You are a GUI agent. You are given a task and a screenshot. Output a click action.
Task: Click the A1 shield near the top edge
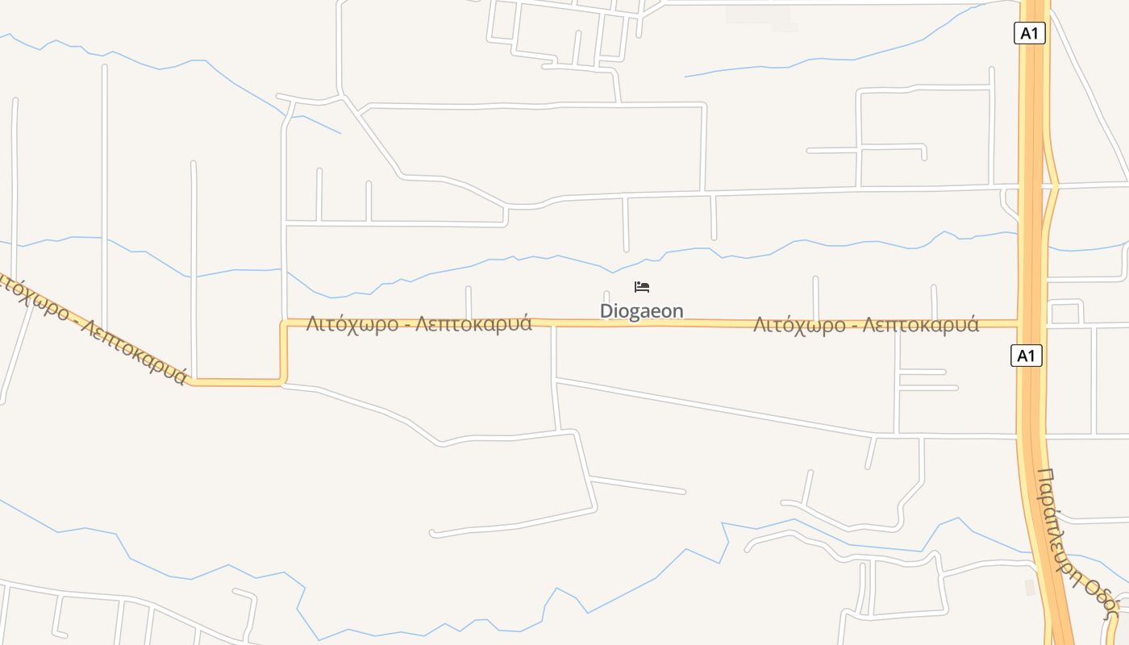1029,33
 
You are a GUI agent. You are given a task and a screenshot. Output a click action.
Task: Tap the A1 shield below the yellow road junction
1027,356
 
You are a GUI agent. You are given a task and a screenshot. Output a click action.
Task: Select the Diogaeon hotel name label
641,311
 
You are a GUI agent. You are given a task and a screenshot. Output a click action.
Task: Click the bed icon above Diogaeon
642,287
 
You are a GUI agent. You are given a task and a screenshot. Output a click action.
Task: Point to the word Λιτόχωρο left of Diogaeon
352,324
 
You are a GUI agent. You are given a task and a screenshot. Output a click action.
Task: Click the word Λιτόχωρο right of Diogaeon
799,325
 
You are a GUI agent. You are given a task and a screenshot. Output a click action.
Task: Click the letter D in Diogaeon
606,311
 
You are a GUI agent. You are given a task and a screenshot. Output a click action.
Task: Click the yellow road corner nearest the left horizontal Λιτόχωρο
284,323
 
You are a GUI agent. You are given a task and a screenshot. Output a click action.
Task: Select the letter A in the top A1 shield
1025,33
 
